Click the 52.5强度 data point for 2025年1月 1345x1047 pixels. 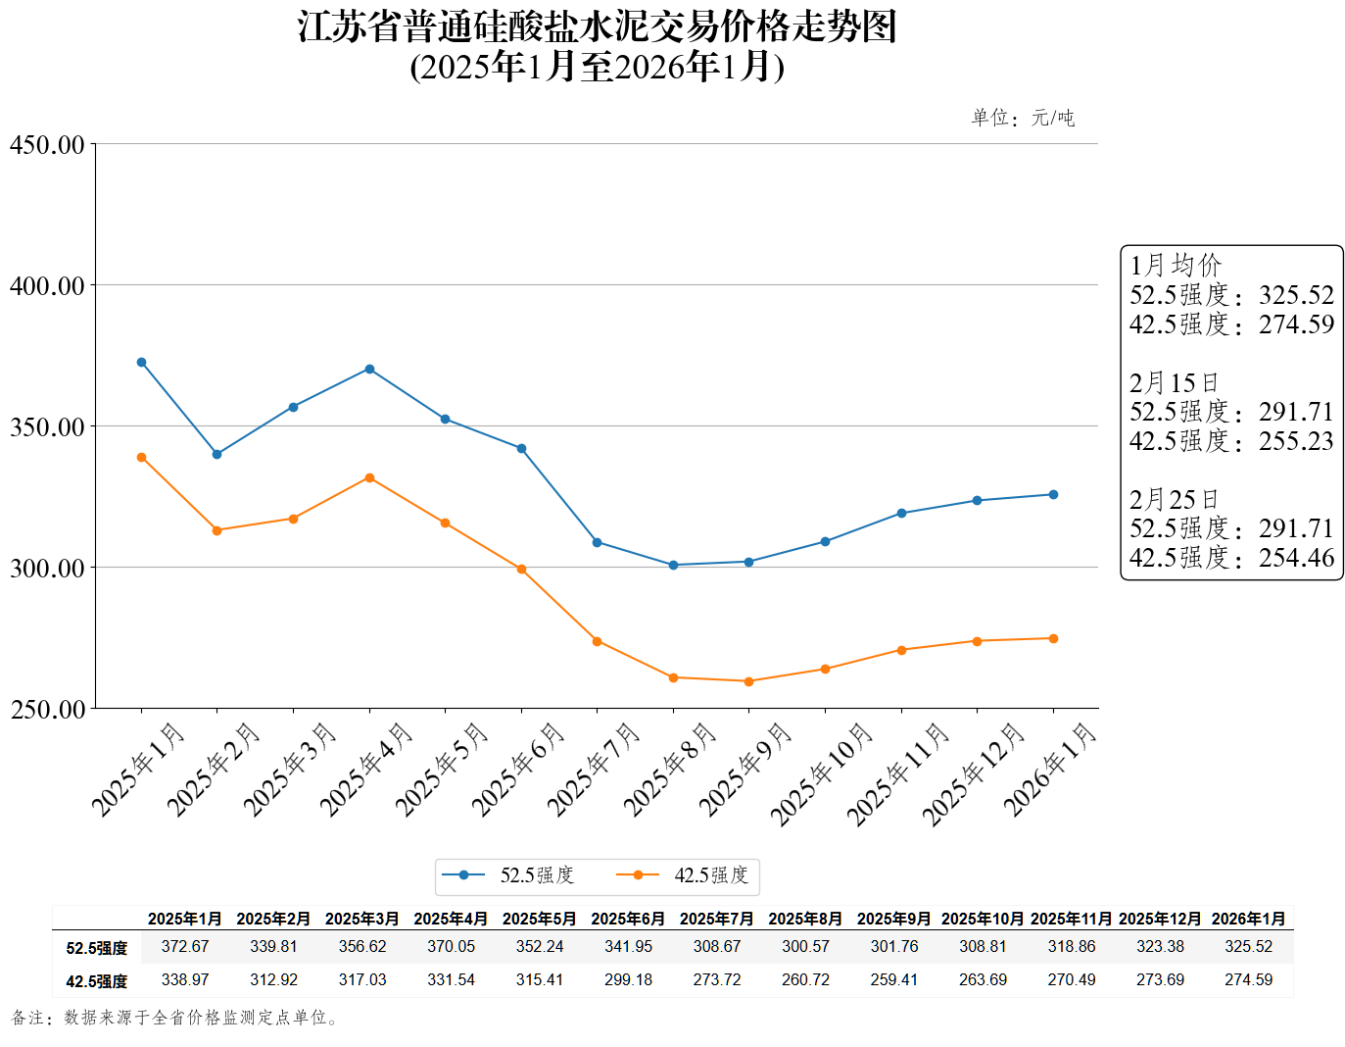click(141, 362)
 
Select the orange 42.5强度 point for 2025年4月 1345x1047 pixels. click(369, 477)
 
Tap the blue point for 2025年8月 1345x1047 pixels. click(673, 565)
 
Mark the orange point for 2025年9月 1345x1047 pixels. click(749, 681)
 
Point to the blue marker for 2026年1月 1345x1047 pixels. click(1053, 494)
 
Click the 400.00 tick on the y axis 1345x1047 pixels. click(47, 286)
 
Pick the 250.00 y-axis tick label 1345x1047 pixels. click(47, 710)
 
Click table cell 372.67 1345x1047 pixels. click(185, 946)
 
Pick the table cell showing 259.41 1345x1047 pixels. click(894, 979)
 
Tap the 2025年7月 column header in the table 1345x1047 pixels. click(717, 919)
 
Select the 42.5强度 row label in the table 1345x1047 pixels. click(97, 980)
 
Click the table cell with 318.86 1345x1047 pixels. click(1072, 946)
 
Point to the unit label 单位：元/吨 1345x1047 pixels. click(1023, 118)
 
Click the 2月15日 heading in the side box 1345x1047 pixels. click(1174, 382)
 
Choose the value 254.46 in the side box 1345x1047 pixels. click(1296, 558)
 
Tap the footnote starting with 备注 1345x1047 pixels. click(176, 1018)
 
